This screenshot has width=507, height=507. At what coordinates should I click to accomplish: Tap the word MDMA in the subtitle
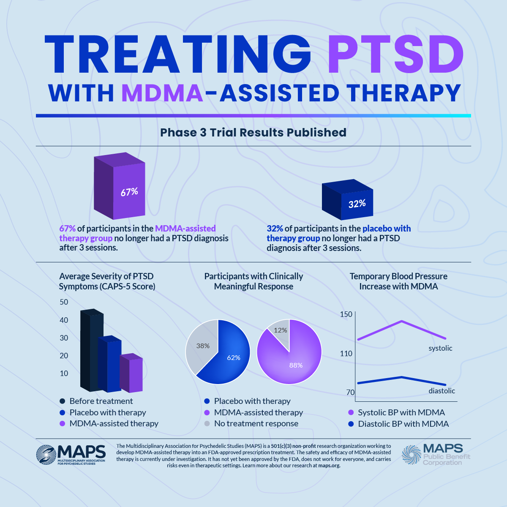[x=163, y=93]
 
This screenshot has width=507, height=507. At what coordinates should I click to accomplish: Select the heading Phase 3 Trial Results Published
[x=253, y=132]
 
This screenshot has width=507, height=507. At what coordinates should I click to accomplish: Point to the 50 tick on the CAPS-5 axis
[x=64, y=302]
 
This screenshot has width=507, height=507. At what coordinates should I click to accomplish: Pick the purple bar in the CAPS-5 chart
[x=132, y=374]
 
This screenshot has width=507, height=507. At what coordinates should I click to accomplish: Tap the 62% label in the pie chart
[x=234, y=357]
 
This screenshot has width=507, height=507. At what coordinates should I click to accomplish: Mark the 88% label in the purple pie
[x=296, y=365]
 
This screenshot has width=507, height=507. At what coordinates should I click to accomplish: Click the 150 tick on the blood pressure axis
[x=346, y=314]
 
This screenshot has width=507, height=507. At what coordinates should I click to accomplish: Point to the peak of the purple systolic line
[x=401, y=321]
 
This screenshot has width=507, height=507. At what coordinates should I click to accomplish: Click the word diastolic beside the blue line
[x=442, y=391]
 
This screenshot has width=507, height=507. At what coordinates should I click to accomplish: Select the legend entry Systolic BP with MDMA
[x=401, y=412]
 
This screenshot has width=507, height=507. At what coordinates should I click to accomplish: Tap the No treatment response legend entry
[x=256, y=423]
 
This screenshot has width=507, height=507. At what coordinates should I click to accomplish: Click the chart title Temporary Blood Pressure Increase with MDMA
[x=398, y=281]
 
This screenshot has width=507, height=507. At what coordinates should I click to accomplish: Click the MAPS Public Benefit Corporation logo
[x=436, y=454]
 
